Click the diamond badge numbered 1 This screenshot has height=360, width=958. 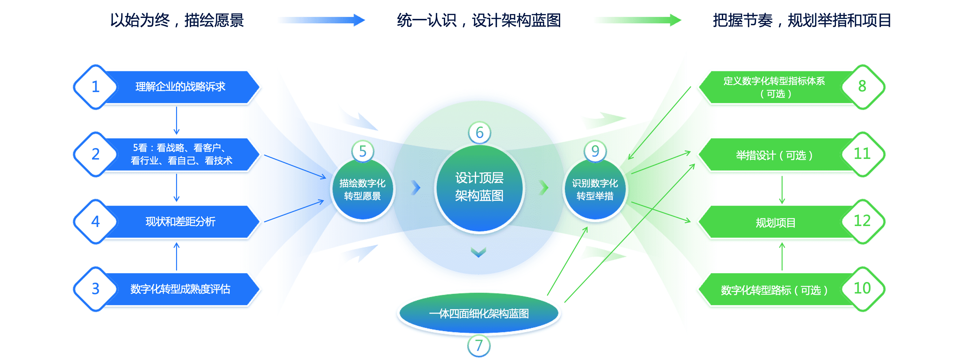pos(96,87)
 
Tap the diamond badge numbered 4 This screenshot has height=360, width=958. pos(96,222)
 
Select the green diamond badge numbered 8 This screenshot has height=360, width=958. pos(862,87)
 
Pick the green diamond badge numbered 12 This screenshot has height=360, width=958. pos(862,222)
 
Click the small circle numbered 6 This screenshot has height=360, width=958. pos(479,133)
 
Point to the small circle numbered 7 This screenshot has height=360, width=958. pos(479,346)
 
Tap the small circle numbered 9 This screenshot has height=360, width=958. pos(595,151)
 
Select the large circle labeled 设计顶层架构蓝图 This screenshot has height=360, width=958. pos(479,188)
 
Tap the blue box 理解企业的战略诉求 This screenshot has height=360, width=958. pos(180,87)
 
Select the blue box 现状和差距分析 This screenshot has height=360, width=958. pos(180,222)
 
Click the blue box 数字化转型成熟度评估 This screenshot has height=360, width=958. pos(180,289)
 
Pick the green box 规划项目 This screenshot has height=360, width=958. pos(776,223)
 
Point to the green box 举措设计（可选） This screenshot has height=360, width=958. pos(774,155)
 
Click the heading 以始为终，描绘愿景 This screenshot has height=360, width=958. pos(177,20)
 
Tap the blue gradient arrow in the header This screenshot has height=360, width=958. pos(322,20)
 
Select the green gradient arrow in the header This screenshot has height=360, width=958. pos(638,20)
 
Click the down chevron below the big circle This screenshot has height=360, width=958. pos(479,253)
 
